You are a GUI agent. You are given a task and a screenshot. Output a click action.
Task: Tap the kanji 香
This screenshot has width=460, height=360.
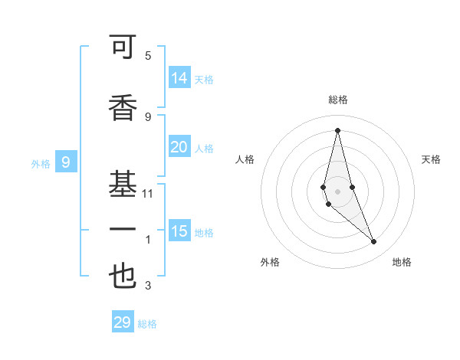coord(123,106)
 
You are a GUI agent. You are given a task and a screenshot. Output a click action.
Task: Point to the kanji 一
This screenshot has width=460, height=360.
coord(123,229)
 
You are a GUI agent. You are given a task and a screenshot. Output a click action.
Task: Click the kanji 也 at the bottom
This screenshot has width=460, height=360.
coord(123,276)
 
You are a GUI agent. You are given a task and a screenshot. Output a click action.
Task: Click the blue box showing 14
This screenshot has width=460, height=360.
coord(179,78)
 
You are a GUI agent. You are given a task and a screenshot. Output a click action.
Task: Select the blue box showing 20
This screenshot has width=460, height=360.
coord(179,148)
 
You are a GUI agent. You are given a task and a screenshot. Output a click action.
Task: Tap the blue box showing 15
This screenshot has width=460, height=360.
coord(179,231)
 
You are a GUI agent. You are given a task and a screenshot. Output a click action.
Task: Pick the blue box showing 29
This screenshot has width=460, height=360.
coord(123,322)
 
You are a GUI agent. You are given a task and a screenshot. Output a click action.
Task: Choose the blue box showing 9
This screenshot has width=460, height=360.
coord(66,162)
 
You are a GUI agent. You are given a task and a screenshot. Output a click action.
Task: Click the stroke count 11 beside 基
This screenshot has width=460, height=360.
coord(148,194)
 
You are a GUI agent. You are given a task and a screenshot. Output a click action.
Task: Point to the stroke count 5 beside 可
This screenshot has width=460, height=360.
coord(148,56)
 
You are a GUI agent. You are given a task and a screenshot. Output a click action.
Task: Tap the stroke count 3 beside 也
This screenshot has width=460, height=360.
coord(148,286)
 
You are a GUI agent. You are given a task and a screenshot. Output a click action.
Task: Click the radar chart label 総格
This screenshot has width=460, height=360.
coord(337,100)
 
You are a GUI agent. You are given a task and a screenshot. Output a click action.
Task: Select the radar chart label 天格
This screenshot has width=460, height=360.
coord(432,159)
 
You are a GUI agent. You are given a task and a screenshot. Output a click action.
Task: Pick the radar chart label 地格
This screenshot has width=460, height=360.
coord(402,262)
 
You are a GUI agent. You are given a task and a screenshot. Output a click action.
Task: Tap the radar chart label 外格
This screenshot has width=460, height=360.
coord(270,262)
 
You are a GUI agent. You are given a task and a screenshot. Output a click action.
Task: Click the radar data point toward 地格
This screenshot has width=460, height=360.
coord(374,242)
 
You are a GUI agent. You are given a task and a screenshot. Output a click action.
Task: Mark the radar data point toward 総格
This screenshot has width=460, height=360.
coord(337,130)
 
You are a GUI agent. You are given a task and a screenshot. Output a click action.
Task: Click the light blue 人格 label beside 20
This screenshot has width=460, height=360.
coord(204,149)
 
